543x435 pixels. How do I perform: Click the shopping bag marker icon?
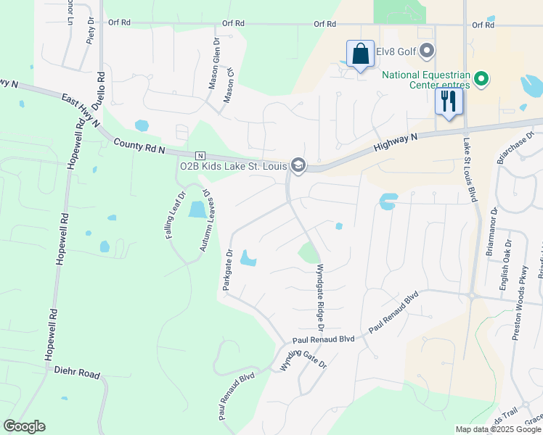[x=360, y=54]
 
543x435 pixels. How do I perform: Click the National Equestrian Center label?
[x=426, y=79]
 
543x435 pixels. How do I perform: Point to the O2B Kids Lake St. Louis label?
[x=233, y=165]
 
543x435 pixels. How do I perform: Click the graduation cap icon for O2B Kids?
[x=297, y=166]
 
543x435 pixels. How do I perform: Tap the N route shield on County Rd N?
[x=200, y=156]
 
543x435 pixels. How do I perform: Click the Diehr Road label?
[x=77, y=373]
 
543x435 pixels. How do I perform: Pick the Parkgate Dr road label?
[x=226, y=271]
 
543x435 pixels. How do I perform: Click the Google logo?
[x=24, y=426]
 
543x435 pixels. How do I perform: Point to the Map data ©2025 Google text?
[x=497, y=429]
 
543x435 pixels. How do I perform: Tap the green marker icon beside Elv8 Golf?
[x=428, y=51]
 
